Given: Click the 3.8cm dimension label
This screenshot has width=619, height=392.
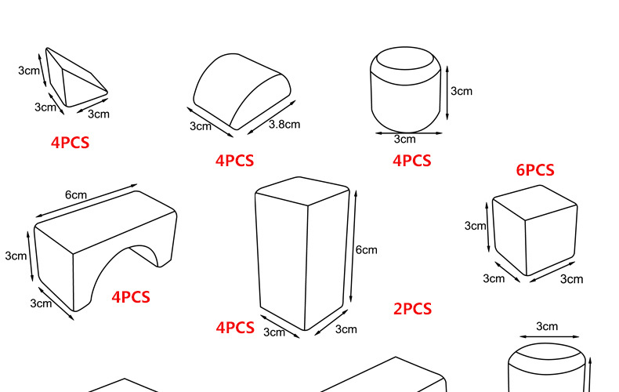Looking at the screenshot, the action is [x=284, y=125].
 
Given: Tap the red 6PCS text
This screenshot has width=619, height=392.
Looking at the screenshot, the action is [x=535, y=170].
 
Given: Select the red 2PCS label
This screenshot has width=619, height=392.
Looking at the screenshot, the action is [x=412, y=309].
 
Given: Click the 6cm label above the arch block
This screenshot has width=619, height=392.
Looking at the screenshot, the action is [x=76, y=194].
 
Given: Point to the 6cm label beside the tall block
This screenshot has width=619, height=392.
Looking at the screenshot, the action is [x=367, y=250].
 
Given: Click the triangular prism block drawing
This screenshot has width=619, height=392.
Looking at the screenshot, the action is [x=76, y=78].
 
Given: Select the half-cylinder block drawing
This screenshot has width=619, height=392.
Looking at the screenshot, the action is [x=241, y=91].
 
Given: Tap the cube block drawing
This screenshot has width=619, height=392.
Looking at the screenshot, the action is [x=535, y=230].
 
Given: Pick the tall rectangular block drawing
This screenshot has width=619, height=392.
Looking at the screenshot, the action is [x=302, y=253].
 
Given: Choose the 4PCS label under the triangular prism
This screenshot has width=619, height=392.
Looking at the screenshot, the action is [x=71, y=143].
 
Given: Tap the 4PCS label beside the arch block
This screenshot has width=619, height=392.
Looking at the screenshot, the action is [x=131, y=297].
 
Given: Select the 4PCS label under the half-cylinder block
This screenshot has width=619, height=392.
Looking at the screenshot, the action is [x=234, y=161].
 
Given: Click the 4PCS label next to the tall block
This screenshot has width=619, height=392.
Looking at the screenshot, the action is [x=235, y=328].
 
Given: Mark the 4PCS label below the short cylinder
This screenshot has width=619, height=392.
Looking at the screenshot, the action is [x=411, y=161].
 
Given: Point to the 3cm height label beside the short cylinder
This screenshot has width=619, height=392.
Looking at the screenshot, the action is [x=462, y=91].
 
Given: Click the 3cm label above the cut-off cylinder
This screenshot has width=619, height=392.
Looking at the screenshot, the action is [x=547, y=326].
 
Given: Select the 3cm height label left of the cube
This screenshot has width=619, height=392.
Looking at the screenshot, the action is [x=476, y=226].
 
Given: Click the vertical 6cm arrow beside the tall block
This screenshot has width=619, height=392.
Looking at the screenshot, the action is [x=353, y=247].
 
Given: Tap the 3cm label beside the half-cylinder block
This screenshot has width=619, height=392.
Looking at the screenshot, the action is [x=201, y=126].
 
